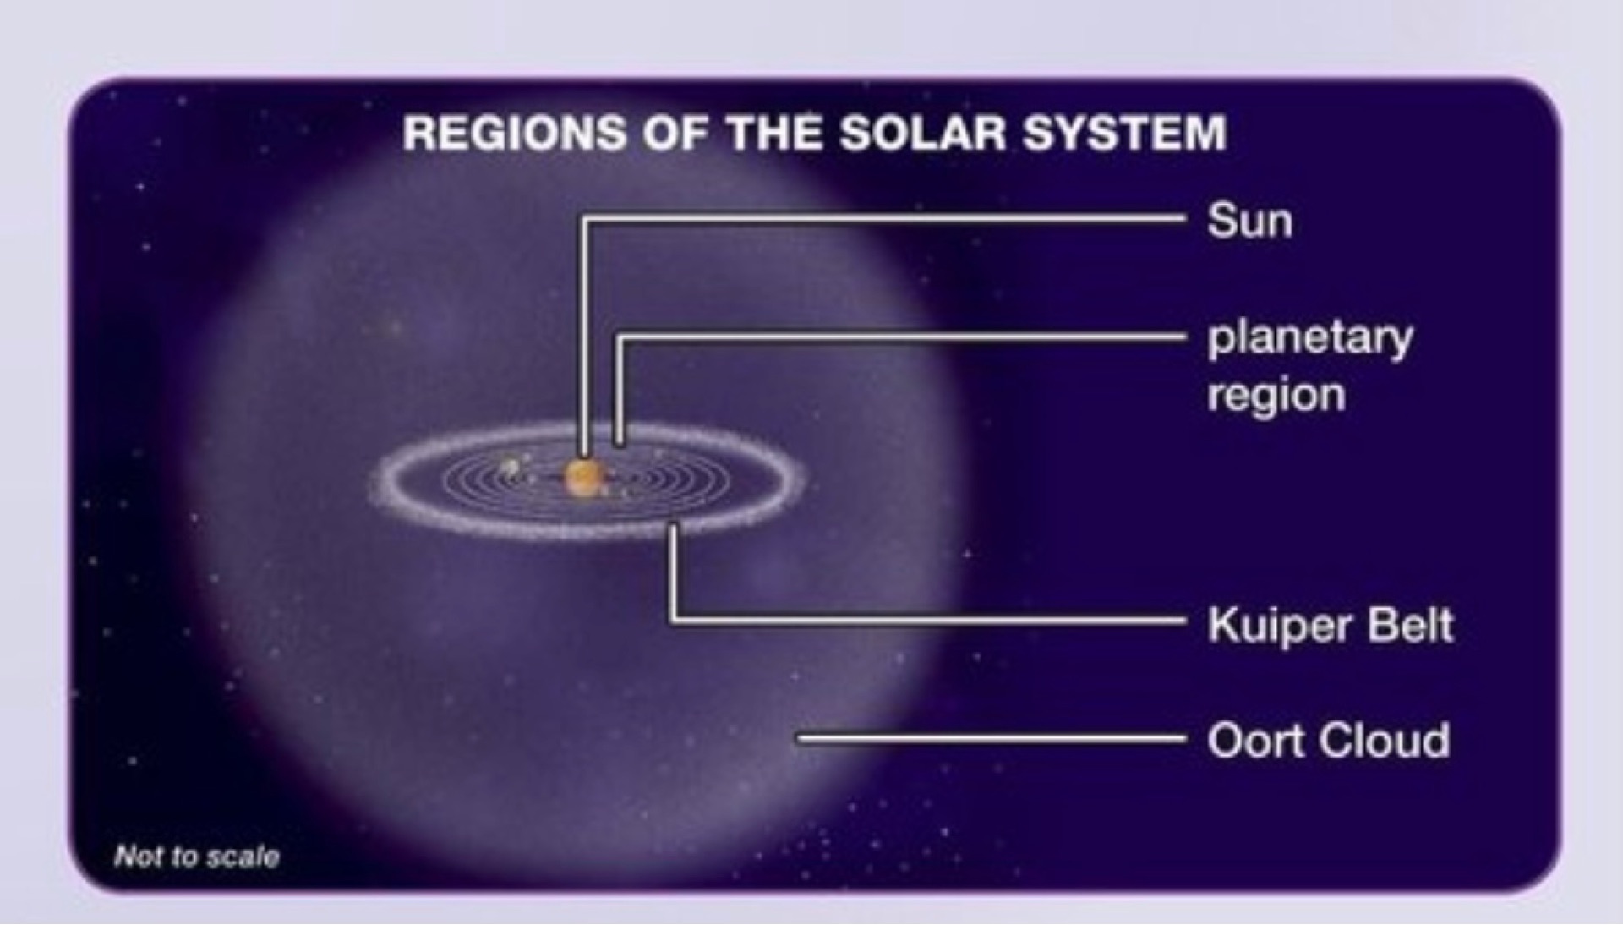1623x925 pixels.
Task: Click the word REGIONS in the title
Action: [515, 134]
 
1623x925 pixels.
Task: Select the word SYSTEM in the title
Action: [1124, 134]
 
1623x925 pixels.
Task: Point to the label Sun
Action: [1250, 222]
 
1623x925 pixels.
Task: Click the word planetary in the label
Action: [1310, 340]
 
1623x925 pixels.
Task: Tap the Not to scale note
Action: [197, 857]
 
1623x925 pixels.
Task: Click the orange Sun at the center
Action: [583, 477]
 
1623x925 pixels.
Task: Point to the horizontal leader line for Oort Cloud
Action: [992, 739]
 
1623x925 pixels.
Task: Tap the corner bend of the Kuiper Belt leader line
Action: [674, 621]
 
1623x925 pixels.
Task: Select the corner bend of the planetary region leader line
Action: [620, 338]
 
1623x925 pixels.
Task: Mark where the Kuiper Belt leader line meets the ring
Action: [674, 528]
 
